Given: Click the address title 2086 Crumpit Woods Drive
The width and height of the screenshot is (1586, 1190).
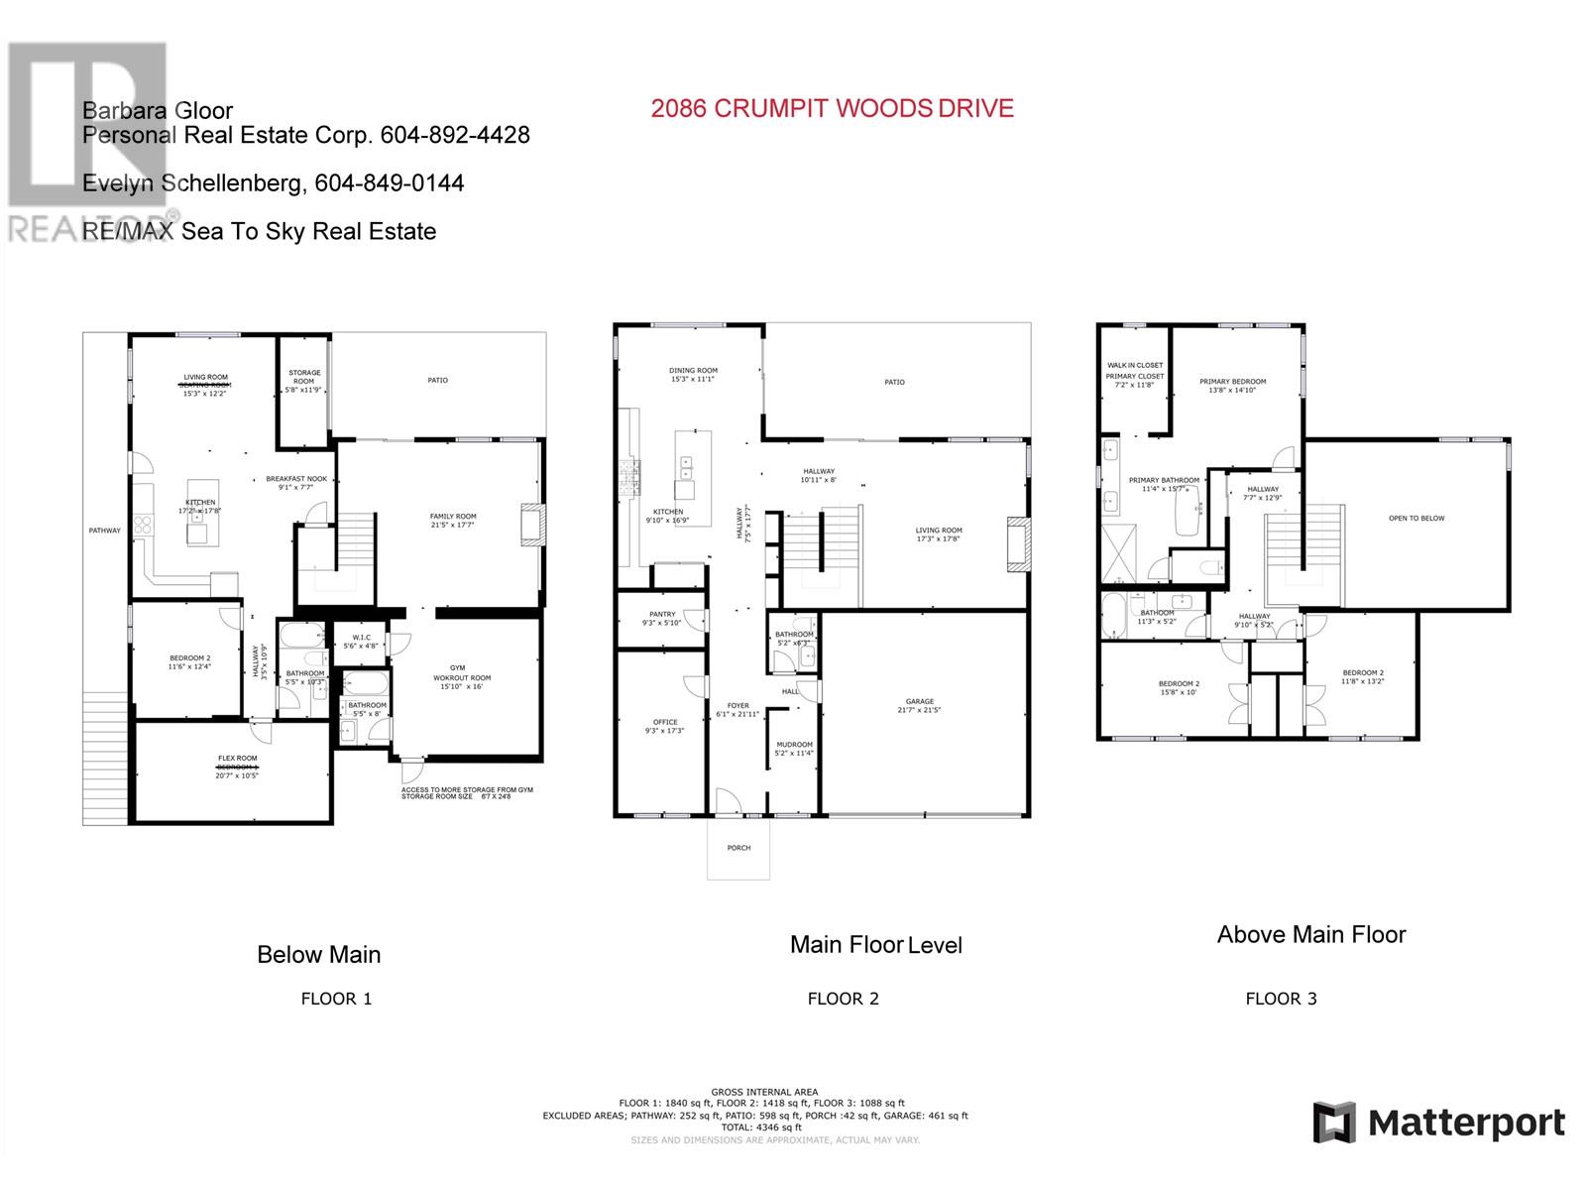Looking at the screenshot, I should click(x=832, y=109).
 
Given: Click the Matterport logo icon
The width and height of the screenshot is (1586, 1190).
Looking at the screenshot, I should click(x=1333, y=1123).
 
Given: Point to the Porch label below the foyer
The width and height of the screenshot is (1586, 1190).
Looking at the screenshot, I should click(x=738, y=848).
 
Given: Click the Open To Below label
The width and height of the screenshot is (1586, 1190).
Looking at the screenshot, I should click(x=1416, y=518).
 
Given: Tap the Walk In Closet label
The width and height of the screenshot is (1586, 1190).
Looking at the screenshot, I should click(x=1135, y=365).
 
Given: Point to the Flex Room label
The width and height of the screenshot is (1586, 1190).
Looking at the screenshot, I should click(x=238, y=759).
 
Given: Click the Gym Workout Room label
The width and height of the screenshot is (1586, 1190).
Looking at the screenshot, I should click(x=462, y=673).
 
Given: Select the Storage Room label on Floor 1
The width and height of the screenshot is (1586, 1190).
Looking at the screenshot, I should click(x=304, y=378).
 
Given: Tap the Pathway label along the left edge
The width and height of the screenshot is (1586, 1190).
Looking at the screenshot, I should click(x=105, y=531).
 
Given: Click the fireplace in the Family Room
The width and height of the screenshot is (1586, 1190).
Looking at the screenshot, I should click(x=532, y=525).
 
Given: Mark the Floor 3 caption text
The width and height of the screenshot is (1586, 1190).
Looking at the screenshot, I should click(x=1281, y=999).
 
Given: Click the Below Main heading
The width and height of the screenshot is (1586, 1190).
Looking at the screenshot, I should click(x=318, y=955).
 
